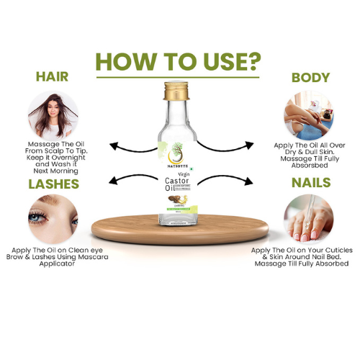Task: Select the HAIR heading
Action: click(53, 76)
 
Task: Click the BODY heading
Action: click(310, 77)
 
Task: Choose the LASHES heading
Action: click(53, 184)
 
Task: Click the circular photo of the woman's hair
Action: click(53, 113)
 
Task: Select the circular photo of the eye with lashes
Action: click(53, 220)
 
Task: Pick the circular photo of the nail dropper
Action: click(307, 219)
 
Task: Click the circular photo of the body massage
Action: click(309, 113)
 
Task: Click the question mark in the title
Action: click(253, 61)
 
